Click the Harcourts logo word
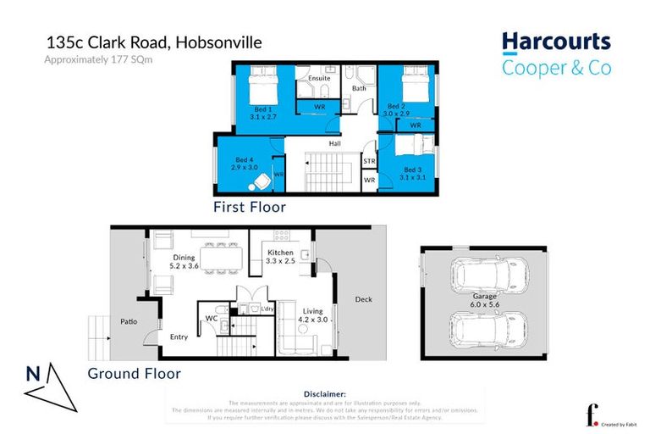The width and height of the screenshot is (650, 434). click(555, 42)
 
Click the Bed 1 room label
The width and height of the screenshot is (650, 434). click(263, 109)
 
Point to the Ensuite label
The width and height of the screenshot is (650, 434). click(318, 78)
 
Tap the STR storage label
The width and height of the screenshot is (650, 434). click(369, 160)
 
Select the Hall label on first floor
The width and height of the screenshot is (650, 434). click(335, 144)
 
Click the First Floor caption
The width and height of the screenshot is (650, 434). click(249, 206)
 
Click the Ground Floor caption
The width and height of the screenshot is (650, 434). click(134, 372)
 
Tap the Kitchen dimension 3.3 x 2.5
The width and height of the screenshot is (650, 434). click(280, 262)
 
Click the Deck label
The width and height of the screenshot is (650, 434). click(363, 298)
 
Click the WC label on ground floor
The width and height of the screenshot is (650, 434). click(212, 320)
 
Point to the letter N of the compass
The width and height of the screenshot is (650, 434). click(30, 373)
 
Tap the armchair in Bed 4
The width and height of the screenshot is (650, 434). click(262, 180)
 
